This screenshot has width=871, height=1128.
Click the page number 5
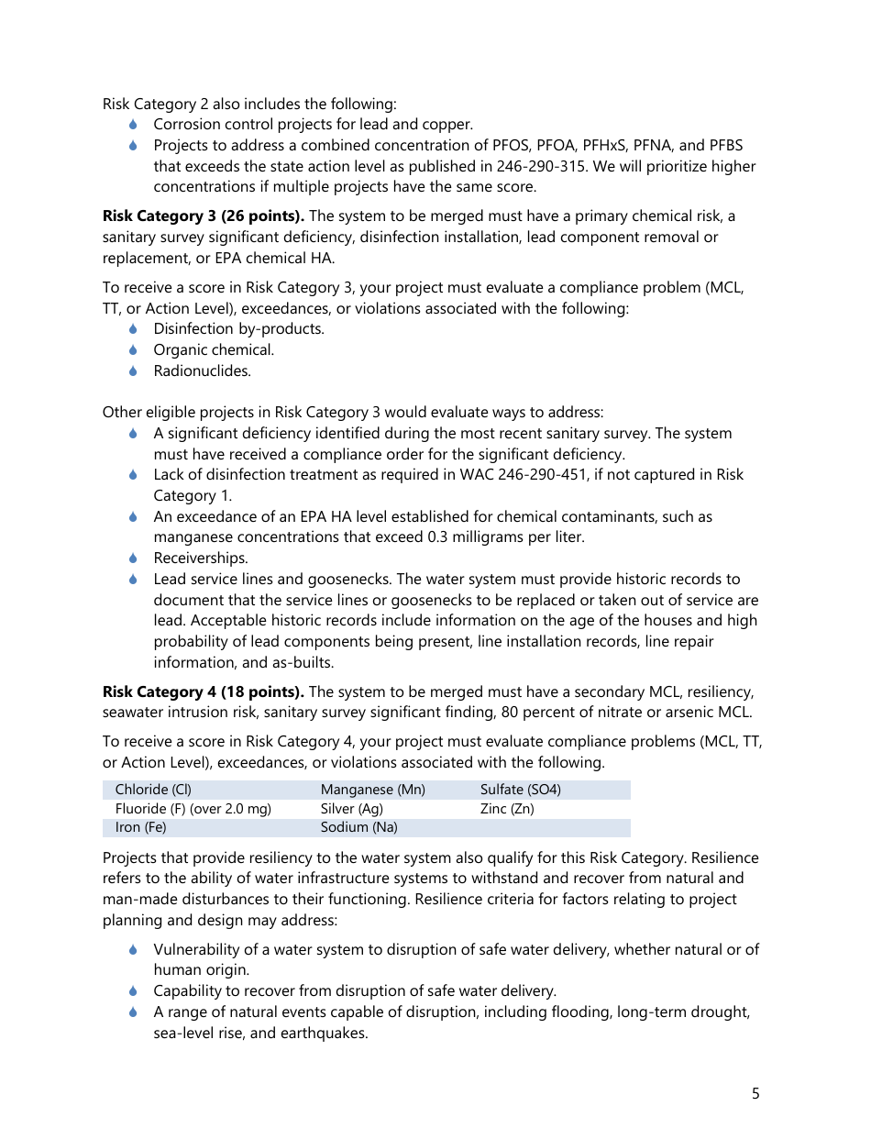[x=755, y=1093]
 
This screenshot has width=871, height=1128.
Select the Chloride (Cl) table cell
[x=153, y=790]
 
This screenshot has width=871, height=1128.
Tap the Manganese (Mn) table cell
[x=372, y=790]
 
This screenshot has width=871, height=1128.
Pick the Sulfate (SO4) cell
[x=520, y=790]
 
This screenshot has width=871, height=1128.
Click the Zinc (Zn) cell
[x=507, y=809]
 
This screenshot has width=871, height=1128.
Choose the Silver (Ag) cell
[x=351, y=809]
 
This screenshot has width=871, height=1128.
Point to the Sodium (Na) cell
[x=358, y=827]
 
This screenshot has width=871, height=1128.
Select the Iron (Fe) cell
[x=140, y=827]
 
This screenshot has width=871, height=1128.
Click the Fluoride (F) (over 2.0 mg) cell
[x=193, y=809]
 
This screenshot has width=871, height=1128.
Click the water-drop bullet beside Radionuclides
[x=133, y=370]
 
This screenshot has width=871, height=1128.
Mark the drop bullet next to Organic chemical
[x=133, y=349]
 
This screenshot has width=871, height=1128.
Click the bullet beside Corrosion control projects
[x=133, y=124]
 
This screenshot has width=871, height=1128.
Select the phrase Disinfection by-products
[x=238, y=328]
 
